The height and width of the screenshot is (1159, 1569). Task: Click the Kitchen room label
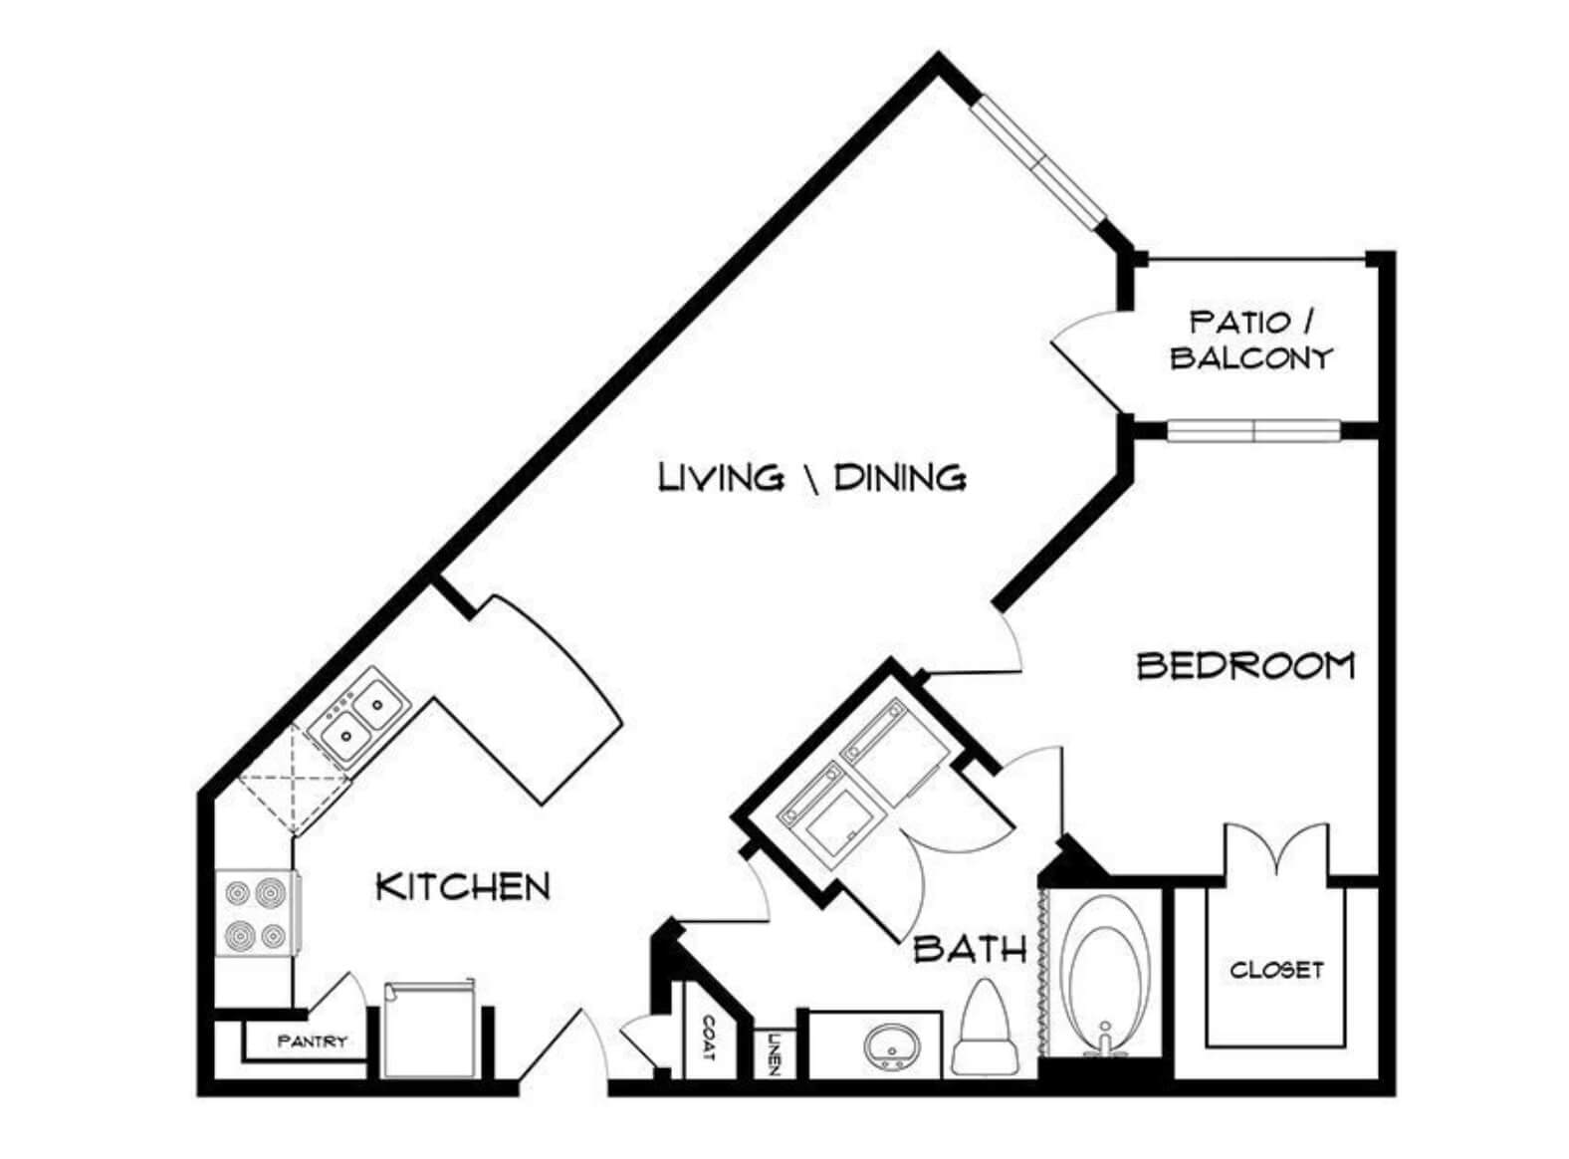pos(463,886)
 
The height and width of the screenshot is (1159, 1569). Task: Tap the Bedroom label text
pos(1245,666)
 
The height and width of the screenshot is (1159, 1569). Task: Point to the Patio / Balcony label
pos(1251,341)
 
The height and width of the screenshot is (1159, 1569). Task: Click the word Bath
pos(969,949)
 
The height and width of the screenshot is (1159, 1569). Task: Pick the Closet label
pos(1276,970)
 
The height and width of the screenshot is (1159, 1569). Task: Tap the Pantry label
pos(312,1042)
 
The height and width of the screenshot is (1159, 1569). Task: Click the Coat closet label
pos(708,1038)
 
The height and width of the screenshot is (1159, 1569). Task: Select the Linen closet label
pos(773,1053)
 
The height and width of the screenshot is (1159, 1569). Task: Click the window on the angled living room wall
pos(1037,162)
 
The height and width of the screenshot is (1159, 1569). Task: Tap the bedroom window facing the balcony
pos(1252,430)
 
